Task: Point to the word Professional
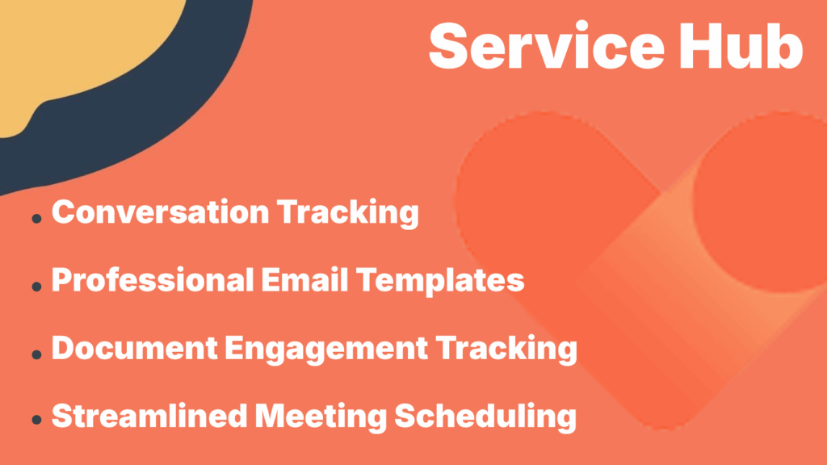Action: pos(151,280)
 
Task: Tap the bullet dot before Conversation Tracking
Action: pos(36,219)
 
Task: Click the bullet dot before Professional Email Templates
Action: pos(36,287)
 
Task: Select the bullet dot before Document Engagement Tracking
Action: pos(36,354)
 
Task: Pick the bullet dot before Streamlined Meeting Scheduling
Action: pos(36,421)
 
